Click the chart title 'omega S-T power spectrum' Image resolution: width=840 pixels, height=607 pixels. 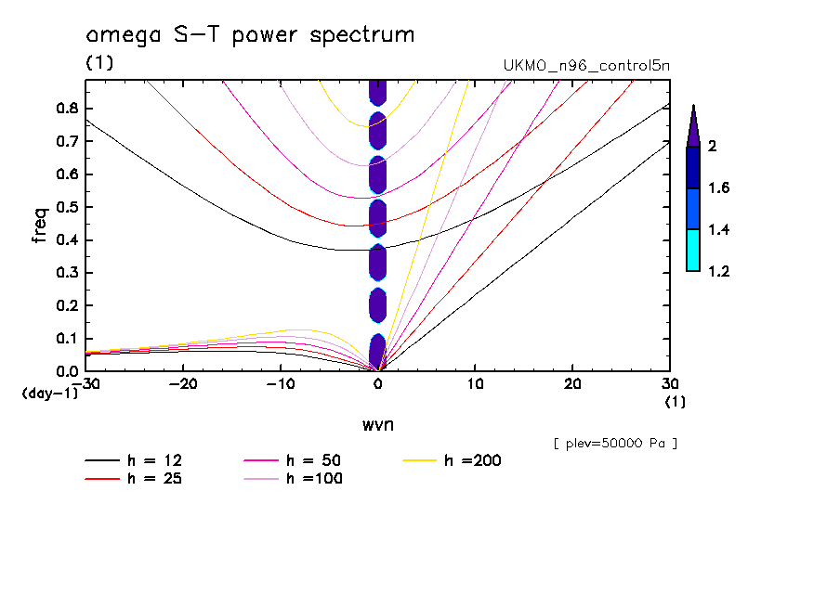[x=249, y=35]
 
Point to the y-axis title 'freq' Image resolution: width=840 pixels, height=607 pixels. [x=40, y=226]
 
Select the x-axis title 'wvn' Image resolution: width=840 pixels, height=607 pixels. [x=377, y=425]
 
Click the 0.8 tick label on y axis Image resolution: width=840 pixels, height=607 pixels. [x=66, y=108]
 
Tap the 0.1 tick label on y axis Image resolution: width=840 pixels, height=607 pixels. [x=66, y=339]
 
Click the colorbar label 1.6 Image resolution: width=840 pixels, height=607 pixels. [x=718, y=188]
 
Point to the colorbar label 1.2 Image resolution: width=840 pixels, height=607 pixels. [x=718, y=272]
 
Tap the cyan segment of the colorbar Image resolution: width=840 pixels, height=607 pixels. [x=692, y=250]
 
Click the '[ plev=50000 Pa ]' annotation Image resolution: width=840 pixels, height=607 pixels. [x=615, y=444]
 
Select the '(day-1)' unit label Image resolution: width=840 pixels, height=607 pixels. [x=50, y=394]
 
